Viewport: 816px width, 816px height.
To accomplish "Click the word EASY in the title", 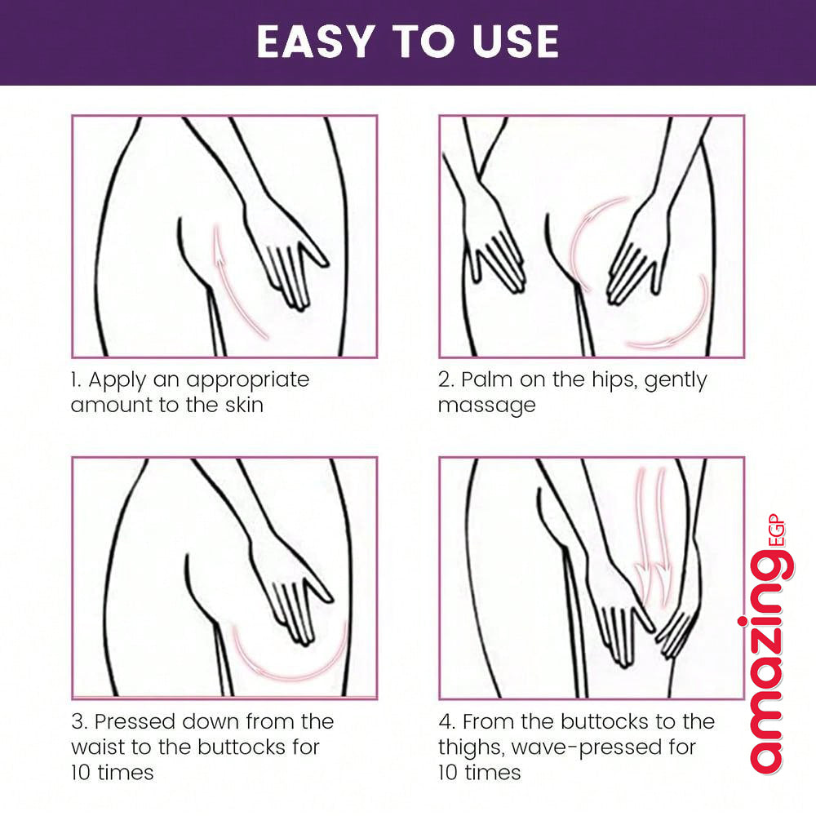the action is pyautogui.click(x=316, y=42).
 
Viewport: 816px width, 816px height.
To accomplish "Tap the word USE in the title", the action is pyautogui.click(x=515, y=42).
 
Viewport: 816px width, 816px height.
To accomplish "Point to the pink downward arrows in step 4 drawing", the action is pyautogui.click(x=653, y=536).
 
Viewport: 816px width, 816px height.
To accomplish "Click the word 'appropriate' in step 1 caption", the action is pyautogui.click(x=248, y=381).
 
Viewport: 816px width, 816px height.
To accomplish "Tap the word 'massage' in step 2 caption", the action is pyautogui.click(x=486, y=406).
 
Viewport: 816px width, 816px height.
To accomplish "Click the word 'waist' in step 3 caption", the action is pyautogui.click(x=97, y=747).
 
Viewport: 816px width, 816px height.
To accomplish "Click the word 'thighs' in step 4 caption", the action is pyautogui.click(x=472, y=748).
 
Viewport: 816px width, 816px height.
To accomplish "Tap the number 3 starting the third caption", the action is pyautogui.click(x=78, y=722).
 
